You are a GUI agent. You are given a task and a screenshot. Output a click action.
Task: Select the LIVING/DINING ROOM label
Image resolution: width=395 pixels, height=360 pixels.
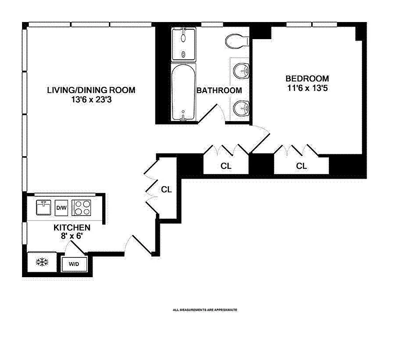tap(91, 90)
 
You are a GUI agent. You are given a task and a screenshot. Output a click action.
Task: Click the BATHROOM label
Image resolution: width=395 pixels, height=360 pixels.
tap(219, 90)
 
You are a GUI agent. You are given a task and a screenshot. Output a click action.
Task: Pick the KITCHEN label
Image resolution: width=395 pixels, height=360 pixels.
tap(72, 227)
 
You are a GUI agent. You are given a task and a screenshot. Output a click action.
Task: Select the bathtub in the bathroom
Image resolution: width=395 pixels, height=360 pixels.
tap(184, 92)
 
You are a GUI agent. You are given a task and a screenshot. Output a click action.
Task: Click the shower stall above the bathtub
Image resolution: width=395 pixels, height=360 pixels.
tap(184, 45)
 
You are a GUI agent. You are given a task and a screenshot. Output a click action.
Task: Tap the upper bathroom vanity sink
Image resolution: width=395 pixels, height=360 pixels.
tap(242, 71)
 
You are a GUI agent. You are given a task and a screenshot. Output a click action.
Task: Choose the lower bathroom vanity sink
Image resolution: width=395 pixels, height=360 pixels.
tap(242, 107)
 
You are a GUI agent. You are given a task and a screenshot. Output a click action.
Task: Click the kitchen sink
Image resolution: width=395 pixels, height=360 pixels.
tap(45, 208)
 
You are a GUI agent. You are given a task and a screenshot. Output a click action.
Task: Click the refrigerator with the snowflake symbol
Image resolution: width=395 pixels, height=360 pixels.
tap(42, 262)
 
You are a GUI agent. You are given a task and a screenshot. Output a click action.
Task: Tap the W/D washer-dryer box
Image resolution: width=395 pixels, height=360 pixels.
tap(74, 264)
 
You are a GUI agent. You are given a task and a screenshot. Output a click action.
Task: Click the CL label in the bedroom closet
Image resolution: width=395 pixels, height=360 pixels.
tap(301, 166)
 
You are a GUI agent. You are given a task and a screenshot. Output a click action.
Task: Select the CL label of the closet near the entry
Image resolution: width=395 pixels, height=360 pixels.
tap(166, 189)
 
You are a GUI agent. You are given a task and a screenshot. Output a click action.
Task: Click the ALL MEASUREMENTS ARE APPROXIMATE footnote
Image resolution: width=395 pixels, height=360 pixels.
tap(205, 310)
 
